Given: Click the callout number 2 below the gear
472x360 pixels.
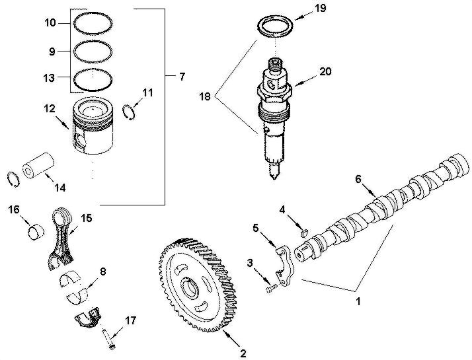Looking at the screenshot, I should point(243,353).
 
